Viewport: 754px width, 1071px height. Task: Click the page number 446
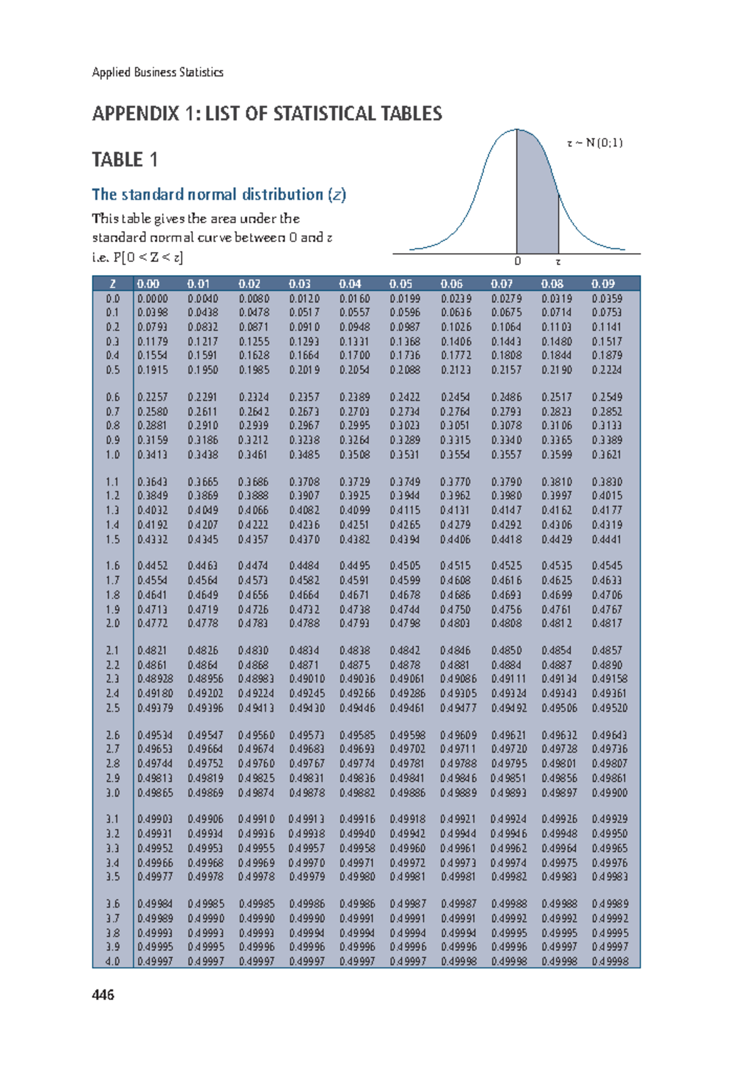point(103,994)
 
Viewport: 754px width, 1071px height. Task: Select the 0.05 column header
point(400,284)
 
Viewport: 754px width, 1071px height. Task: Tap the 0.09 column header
point(603,284)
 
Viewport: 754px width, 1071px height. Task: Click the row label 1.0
point(112,454)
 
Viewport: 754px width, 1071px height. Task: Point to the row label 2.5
point(112,707)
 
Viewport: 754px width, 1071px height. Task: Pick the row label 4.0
point(112,961)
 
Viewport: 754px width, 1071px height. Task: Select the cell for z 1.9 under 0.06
point(456,609)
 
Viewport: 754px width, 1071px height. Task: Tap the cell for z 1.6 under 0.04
point(354,565)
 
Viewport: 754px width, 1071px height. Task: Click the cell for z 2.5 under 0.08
point(559,707)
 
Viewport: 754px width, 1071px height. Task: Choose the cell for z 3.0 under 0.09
point(609,793)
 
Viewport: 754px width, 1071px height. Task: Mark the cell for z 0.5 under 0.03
point(304,370)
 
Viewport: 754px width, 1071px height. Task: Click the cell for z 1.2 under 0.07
point(506,496)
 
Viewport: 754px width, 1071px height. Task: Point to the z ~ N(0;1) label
point(594,143)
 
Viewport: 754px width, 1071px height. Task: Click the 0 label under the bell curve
point(517,261)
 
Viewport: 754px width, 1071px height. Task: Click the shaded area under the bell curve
point(536,201)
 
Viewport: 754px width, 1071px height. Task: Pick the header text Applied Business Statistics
point(158,72)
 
